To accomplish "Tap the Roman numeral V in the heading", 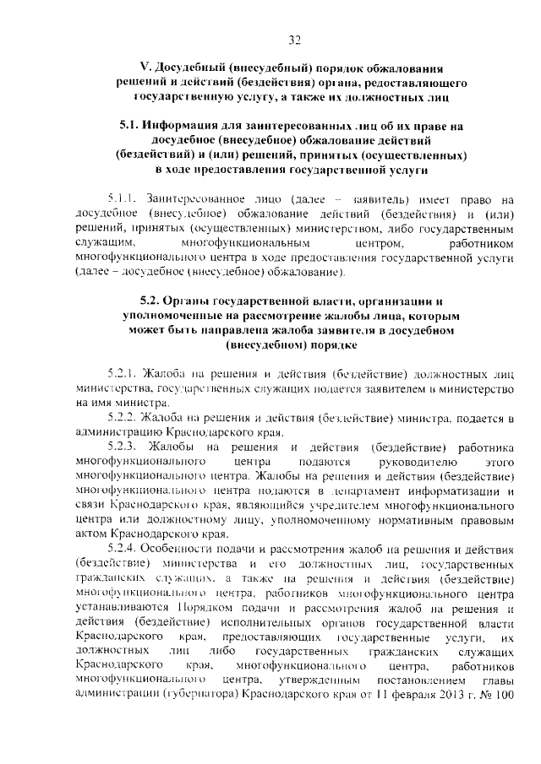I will click(143, 68).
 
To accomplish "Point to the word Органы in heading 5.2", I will click(180, 301).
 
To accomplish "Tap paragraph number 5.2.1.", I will click(123, 373).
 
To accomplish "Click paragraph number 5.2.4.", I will click(123, 550).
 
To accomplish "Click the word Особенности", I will click(182, 550).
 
